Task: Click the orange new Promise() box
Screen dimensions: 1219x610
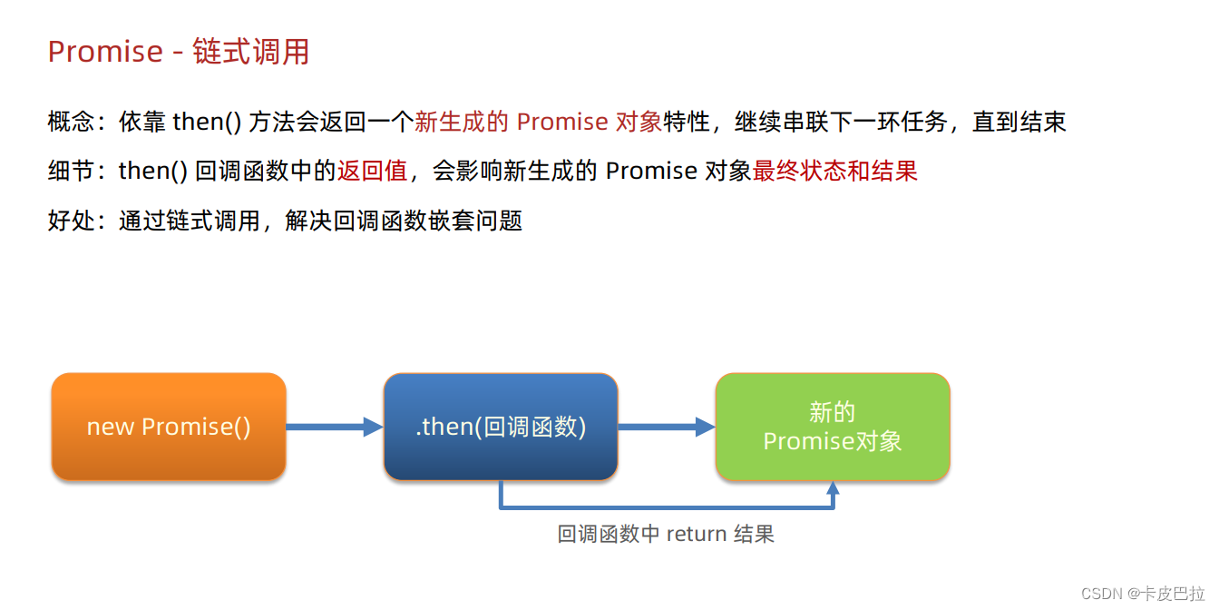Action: tap(169, 427)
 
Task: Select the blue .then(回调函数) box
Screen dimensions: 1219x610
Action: tap(501, 427)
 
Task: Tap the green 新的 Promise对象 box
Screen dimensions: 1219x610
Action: tap(833, 427)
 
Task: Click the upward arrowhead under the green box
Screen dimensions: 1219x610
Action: tap(833, 488)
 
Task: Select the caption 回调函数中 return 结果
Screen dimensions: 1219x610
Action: tap(666, 534)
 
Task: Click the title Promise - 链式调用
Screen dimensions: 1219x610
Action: tap(179, 52)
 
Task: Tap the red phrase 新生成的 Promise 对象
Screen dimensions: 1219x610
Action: tap(538, 122)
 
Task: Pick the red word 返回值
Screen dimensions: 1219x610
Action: tap(373, 171)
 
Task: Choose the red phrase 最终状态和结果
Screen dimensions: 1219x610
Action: tap(835, 171)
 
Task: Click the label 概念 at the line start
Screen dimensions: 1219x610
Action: tap(71, 122)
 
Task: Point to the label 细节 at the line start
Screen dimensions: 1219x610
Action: tap(71, 171)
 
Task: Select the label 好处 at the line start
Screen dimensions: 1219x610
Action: tap(71, 220)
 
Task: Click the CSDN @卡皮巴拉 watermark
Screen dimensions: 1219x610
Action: tap(1143, 593)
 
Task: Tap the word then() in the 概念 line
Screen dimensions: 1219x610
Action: tap(207, 122)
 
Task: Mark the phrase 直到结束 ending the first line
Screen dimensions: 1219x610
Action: tap(1019, 122)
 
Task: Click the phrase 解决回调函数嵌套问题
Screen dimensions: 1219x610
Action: tap(404, 220)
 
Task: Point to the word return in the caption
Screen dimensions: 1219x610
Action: tap(697, 534)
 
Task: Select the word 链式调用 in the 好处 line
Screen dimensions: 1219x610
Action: tap(213, 220)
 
